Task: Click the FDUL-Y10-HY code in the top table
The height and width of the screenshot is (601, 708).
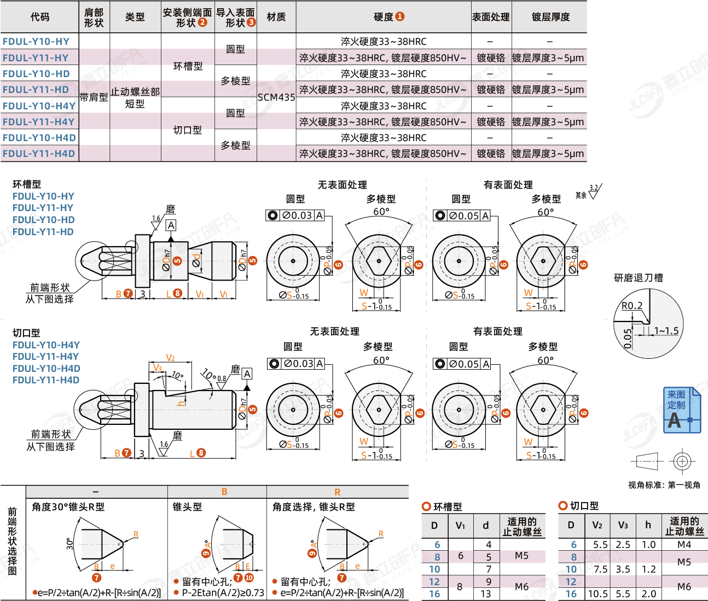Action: [36, 42]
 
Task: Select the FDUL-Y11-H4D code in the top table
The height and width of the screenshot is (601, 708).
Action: [39, 154]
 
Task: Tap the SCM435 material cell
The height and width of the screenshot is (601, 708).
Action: [276, 97]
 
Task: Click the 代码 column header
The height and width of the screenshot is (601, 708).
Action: [39, 17]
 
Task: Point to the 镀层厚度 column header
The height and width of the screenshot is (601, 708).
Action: [550, 17]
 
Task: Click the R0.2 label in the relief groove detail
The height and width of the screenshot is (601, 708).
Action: [632, 306]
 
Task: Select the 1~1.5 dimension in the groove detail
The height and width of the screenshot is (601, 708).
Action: [666, 331]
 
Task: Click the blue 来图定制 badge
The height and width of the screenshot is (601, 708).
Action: [681, 410]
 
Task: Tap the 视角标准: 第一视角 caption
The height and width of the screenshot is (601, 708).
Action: [664, 485]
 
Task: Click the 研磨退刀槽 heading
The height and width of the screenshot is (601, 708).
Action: [638, 278]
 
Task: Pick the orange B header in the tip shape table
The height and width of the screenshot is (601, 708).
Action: [224, 492]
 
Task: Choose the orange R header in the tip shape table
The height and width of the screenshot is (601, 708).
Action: [337, 492]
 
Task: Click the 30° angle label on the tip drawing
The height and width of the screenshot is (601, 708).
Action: [70, 544]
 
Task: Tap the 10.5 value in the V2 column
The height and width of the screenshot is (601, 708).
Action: [597, 594]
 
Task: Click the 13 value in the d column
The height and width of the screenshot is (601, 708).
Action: [485, 594]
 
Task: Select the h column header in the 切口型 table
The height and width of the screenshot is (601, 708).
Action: [648, 525]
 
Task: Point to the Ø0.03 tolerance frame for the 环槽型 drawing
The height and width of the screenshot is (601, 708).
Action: [295, 215]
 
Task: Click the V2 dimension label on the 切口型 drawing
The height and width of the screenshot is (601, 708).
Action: [170, 358]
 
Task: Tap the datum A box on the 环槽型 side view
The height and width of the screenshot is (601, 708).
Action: [171, 225]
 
